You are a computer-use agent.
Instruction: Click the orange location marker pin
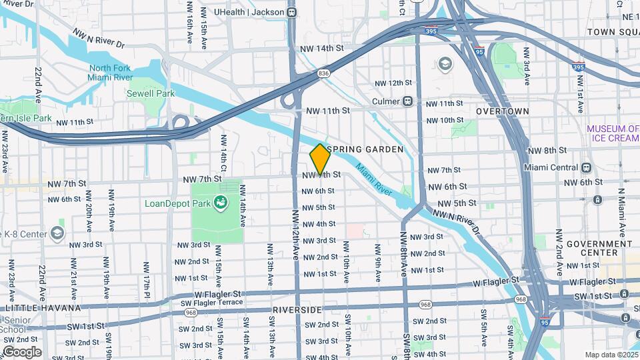pos(320,159)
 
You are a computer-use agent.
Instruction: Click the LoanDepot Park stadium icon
pos(220,203)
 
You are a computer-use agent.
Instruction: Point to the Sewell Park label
pos(151,93)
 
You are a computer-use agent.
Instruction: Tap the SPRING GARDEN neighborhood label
pos(365,149)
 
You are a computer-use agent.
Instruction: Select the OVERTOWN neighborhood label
pos(503,111)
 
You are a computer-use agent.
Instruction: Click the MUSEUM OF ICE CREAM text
pos(613,133)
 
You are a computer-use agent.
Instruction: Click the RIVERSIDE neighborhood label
pos(297,310)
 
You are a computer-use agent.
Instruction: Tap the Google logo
pos(21,351)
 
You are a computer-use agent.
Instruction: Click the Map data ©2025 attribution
pos(611,355)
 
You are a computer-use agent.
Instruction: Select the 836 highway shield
pos(324,74)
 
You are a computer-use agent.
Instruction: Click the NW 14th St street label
pos(321,49)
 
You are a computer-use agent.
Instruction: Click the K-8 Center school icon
pos(58,233)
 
